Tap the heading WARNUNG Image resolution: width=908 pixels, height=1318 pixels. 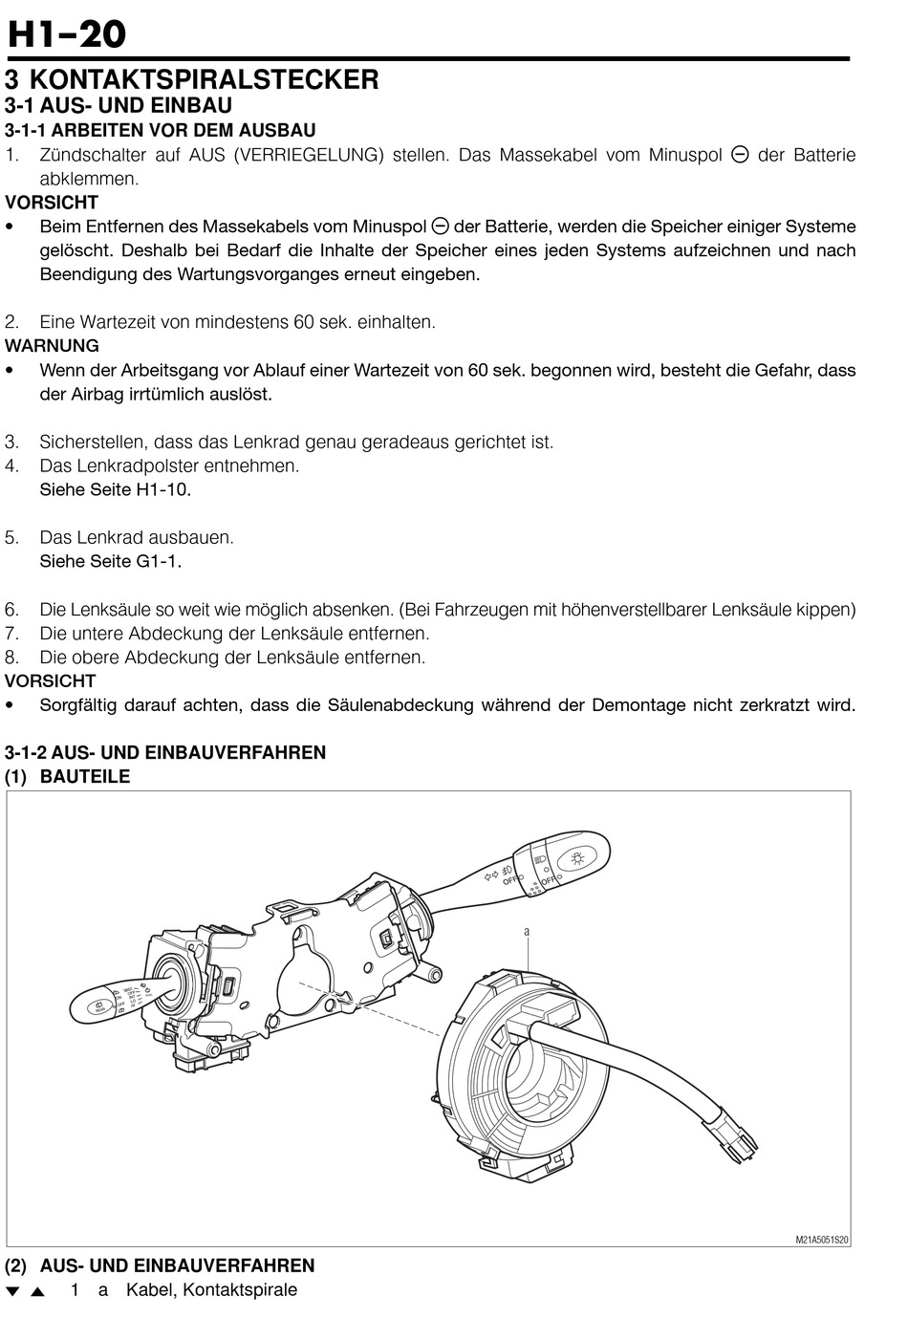click(x=52, y=346)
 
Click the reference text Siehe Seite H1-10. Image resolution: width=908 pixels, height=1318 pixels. click(x=115, y=489)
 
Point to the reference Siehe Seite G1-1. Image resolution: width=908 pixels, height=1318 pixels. click(x=110, y=561)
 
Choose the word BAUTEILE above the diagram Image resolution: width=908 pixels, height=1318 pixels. click(x=85, y=776)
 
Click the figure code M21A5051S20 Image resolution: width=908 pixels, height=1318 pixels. click(x=821, y=1240)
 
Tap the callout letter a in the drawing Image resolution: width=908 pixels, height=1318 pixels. click(x=527, y=931)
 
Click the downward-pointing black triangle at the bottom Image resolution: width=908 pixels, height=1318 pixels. click(x=12, y=1292)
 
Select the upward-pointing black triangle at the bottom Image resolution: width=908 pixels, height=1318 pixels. click(x=37, y=1292)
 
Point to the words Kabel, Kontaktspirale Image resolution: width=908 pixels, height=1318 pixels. click(x=211, y=1290)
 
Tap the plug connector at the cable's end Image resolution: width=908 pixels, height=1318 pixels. click(x=734, y=1134)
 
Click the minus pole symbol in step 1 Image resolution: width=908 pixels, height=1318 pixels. click(x=739, y=155)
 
